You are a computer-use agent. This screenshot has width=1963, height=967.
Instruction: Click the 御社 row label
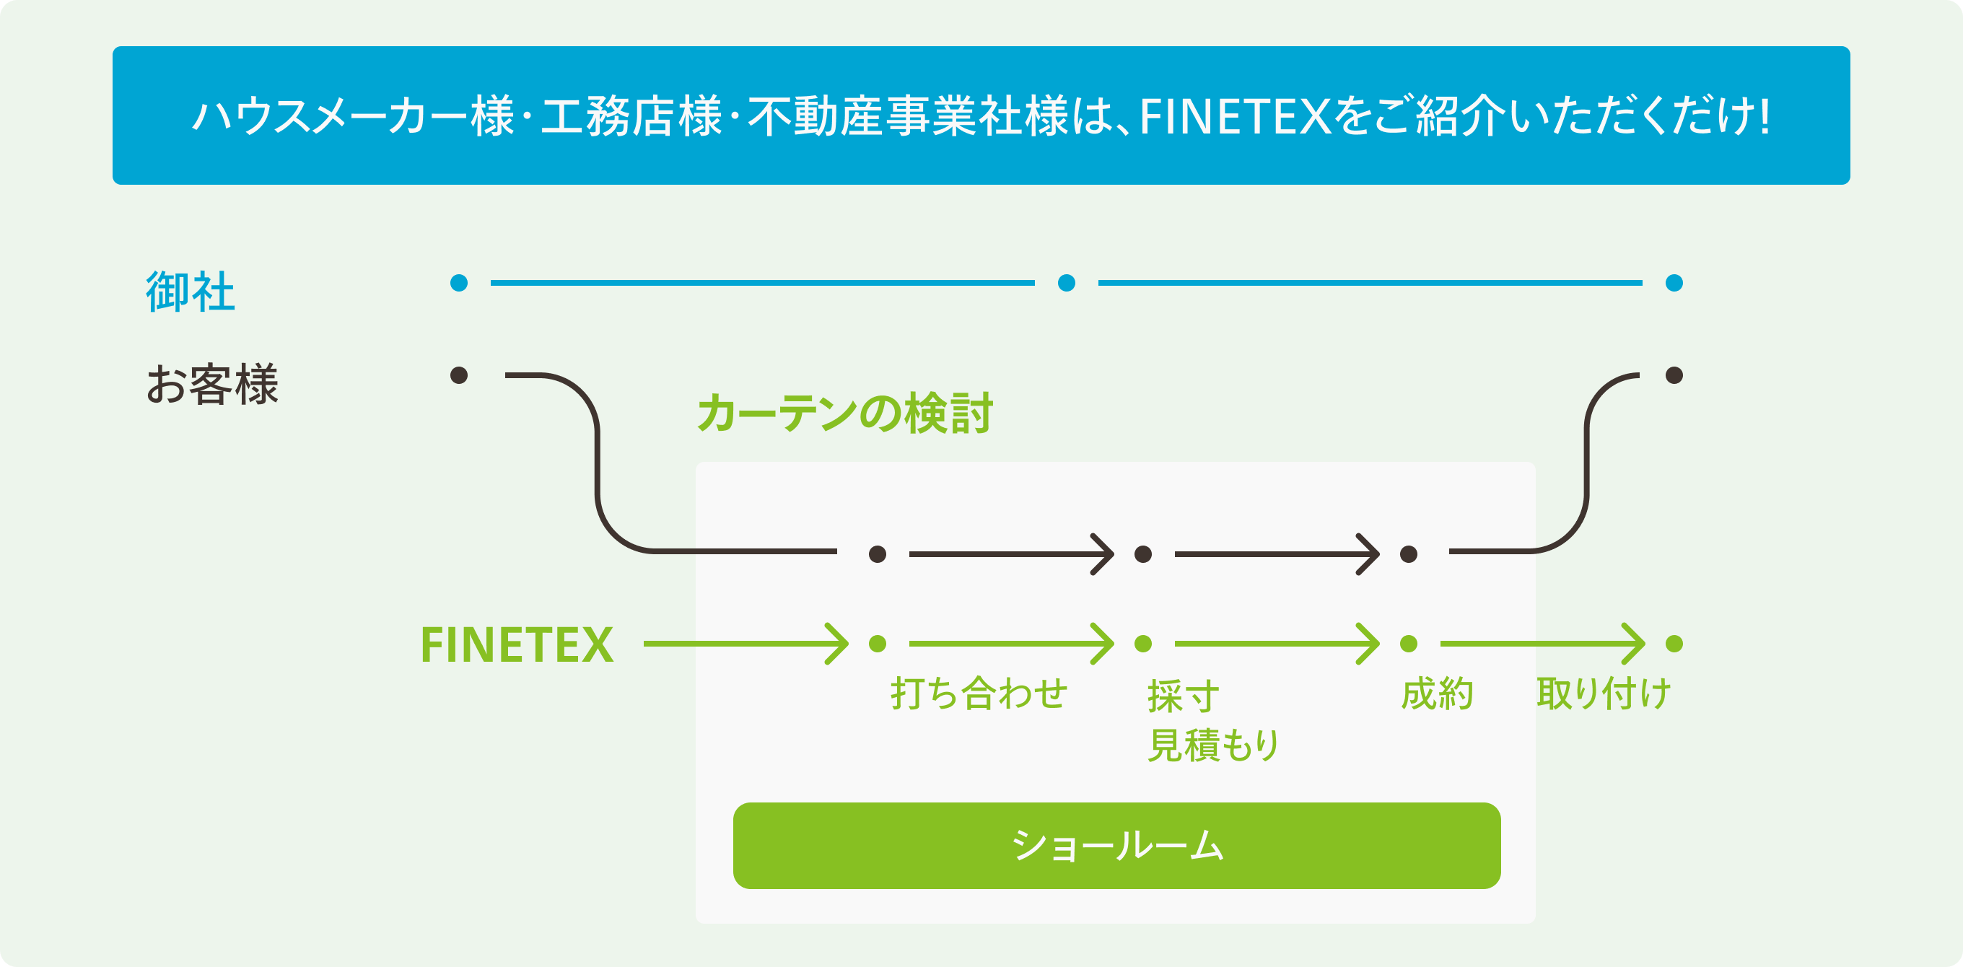191,291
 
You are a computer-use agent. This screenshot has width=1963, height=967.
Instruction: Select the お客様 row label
212,384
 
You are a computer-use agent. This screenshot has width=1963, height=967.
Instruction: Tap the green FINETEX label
517,644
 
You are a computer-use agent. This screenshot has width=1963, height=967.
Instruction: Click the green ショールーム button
1116,845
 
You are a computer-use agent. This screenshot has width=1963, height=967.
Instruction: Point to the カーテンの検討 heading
844,413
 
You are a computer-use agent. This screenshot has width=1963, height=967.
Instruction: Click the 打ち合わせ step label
979,693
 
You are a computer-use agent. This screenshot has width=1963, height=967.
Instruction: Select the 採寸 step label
1183,695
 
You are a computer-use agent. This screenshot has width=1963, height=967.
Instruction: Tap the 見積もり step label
1213,745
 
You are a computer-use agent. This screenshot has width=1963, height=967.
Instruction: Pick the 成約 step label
1436,693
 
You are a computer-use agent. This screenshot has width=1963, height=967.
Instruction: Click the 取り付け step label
1604,693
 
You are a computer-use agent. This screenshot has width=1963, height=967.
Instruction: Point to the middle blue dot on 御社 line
1067,284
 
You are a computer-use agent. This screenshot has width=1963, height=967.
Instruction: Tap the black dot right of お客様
459,375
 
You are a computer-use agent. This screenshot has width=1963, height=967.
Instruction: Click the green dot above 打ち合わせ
878,644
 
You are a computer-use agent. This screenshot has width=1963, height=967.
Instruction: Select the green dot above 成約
1409,644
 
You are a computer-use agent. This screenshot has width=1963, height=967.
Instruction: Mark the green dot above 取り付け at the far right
1674,644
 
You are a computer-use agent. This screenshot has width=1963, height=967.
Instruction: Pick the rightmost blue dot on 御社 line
1674,284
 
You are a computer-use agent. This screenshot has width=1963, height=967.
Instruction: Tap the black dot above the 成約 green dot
1409,554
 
